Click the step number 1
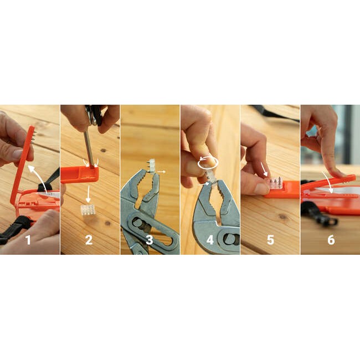28,240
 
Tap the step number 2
89,240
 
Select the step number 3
149,240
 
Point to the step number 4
210,240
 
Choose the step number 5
270,240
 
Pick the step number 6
331,240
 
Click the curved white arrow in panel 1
38,177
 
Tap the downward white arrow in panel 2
88,194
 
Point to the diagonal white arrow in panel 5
264,169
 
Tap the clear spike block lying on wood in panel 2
88,210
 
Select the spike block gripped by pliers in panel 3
151,166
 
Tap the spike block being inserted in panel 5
275,183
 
